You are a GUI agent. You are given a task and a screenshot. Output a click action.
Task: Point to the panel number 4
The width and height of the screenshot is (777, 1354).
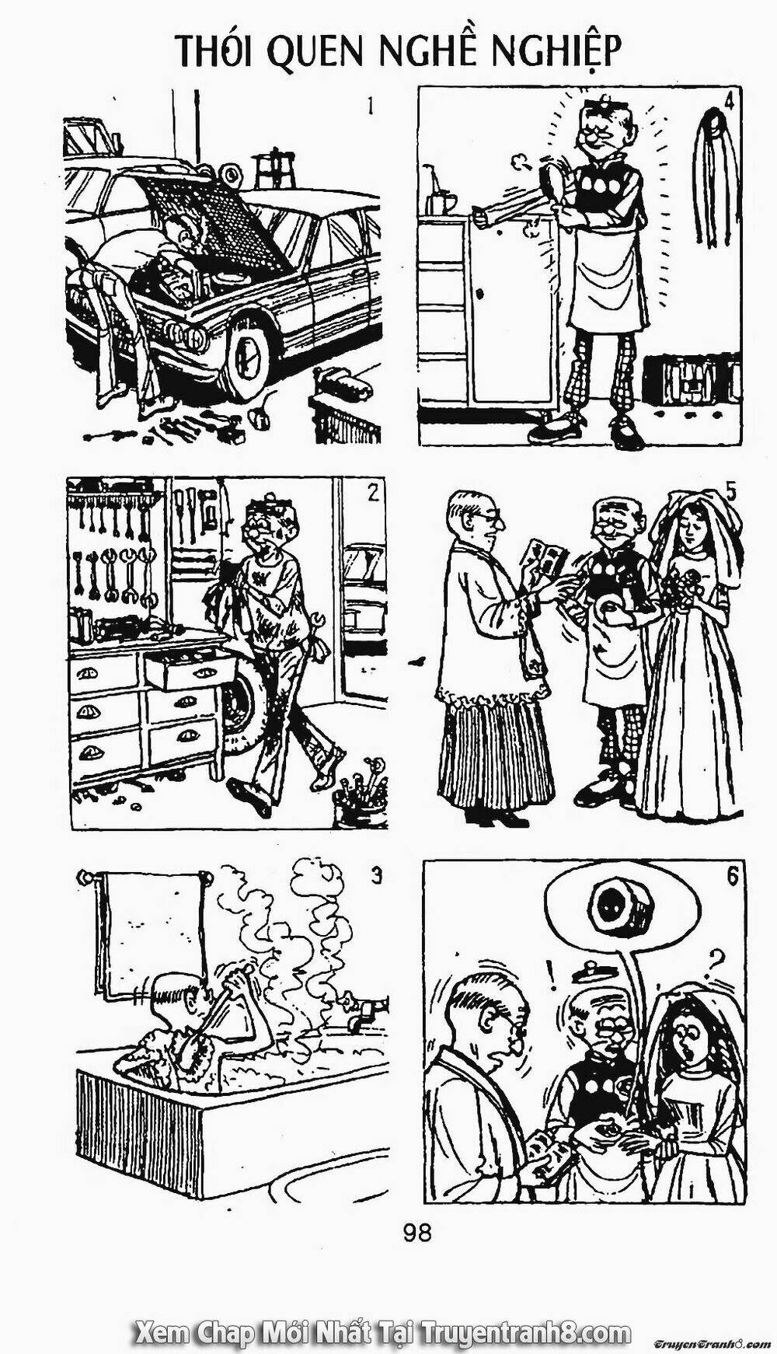(729, 101)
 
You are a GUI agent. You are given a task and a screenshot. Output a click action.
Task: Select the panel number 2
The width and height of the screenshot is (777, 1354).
(373, 493)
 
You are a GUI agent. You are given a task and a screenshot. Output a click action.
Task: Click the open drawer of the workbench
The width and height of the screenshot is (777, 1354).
(190, 669)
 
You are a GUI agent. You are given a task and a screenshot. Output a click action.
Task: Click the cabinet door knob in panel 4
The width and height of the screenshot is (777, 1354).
(481, 295)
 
